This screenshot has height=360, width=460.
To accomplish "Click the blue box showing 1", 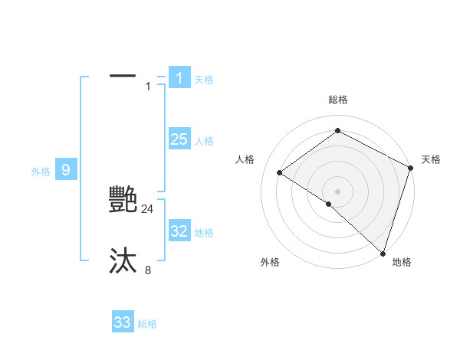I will pyautogui.click(x=179, y=78).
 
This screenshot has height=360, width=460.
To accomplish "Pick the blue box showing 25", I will pyautogui.click(x=179, y=139).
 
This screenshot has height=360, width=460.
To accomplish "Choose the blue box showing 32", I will pyautogui.click(x=179, y=231).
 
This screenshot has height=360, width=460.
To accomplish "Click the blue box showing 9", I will pyautogui.click(x=66, y=170).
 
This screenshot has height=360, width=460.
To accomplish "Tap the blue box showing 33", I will pyautogui.click(x=123, y=322).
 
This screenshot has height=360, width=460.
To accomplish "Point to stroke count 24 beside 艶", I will pyautogui.click(x=148, y=209).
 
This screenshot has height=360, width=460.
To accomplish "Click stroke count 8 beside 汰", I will pyautogui.click(x=148, y=270).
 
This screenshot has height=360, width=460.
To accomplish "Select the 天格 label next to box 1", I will pyautogui.click(x=204, y=80).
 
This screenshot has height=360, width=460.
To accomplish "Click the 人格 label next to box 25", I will pyautogui.click(x=204, y=141).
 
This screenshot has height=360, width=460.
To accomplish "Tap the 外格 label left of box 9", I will pyautogui.click(x=41, y=172).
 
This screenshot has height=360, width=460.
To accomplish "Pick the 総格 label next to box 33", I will pyautogui.click(x=147, y=324).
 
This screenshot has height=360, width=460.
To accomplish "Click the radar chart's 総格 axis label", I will pyautogui.click(x=338, y=100).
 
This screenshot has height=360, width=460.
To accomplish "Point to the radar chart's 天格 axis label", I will pyautogui.click(x=431, y=159).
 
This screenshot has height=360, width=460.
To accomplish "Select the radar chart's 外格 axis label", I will pyautogui.click(x=270, y=262).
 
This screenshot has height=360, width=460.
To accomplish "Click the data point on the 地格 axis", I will pyautogui.click(x=382, y=253).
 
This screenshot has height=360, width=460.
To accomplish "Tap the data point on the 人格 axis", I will pyautogui.click(x=280, y=172).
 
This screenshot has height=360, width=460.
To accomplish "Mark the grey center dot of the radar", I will pyautogui.click(x=337, y=191).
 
